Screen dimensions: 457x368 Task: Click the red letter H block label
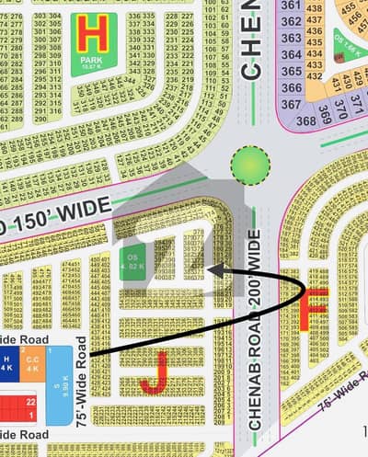(x=92, y=36)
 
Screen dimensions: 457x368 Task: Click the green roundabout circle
(x=249, y=166)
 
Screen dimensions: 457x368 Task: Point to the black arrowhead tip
(x=210, y=270)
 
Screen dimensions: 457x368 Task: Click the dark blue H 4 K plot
(x=7, y=364)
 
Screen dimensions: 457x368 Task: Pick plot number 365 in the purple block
(x=291, y=72)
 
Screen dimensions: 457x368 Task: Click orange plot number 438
(x=314, y=10)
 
